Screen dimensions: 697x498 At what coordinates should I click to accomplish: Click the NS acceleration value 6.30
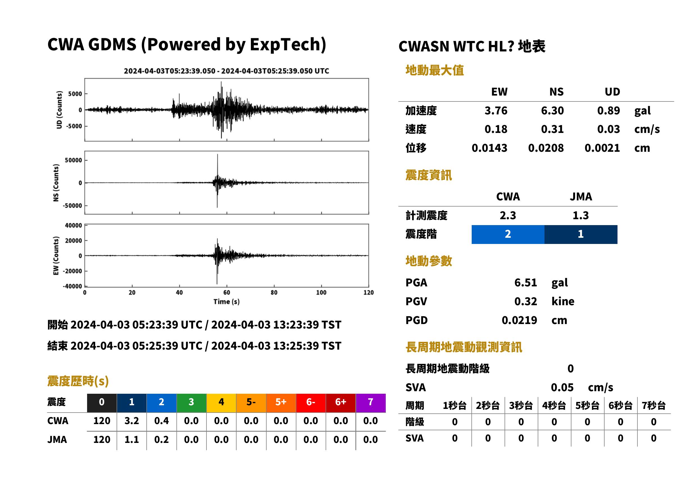click(552, 110)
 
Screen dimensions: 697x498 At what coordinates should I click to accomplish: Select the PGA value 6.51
click(525, 282)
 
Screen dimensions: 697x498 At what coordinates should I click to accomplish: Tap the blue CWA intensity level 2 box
click(508, 234)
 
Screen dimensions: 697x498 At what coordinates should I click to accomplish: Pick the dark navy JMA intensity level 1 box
click(581, 234)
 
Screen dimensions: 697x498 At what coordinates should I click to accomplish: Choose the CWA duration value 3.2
click(131, 421)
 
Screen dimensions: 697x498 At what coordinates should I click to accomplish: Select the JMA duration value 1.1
click(131, 440)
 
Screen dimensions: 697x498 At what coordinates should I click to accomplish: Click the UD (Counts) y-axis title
click(59, 110)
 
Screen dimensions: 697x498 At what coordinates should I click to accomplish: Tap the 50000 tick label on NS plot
click(73, 160)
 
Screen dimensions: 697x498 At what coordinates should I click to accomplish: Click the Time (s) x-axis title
click(226, 302)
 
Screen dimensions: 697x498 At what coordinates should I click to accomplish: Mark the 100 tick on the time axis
click(321, 293)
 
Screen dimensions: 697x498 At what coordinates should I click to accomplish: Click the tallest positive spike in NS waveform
click(218, 155)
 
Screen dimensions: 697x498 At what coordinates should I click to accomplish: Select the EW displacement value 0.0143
click(489, 148)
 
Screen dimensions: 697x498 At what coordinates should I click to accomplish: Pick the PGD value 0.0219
click(519, 320)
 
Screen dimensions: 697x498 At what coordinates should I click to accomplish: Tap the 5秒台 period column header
click(587, 406)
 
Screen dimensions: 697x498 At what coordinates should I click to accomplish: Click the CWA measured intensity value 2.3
click(508, 215)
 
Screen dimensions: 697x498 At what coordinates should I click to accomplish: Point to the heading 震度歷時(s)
click(78, 381)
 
